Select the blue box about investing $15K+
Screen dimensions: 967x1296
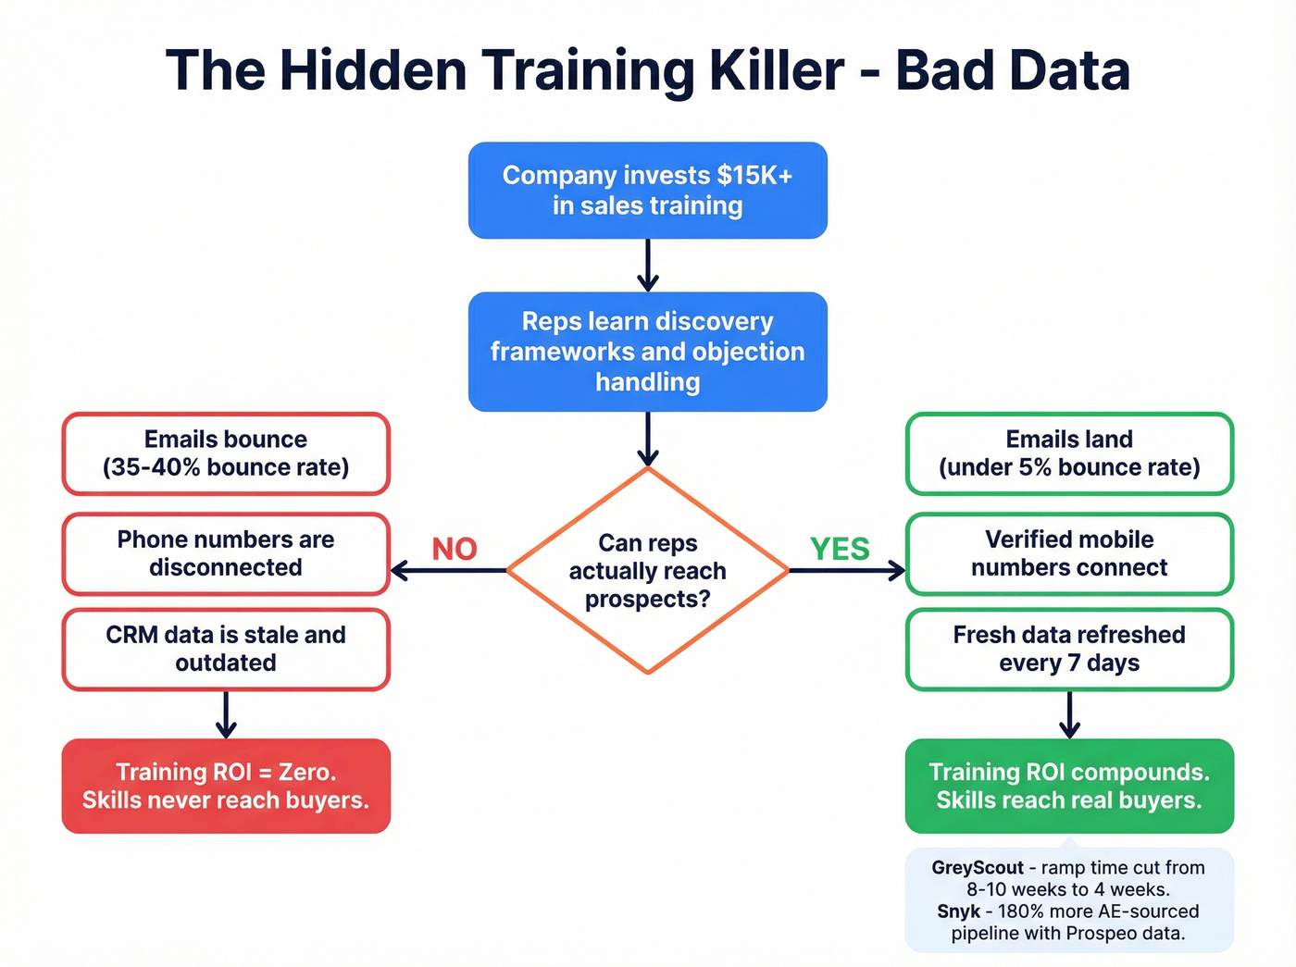[x=647, y=191]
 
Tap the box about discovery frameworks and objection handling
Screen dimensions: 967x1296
[x=647, y=352]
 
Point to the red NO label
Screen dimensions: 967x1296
[x=455, y=549]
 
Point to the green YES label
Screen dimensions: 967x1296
[x=840, y=549]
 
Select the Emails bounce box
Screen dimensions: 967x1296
[x=226, y=453]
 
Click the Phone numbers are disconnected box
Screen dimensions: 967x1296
[x=226, y=553]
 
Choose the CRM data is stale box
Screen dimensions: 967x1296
[x=226, y=649]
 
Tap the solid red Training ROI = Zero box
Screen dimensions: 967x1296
[x=226, y=786]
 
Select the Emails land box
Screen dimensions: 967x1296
[x=1069, y=453]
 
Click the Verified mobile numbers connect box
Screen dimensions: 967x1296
[x=1069, y=553]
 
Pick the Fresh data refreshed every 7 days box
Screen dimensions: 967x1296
[x=1069, y=649]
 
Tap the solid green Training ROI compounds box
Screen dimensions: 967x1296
[x=1069, y=786]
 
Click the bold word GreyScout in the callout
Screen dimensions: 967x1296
[x=978, y=868]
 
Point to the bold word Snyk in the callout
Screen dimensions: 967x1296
[x=958, y=911]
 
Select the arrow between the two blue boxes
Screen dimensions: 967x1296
[x=648, y=266]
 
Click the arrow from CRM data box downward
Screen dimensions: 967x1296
[x=226, y=714]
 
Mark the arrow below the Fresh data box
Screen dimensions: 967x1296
[x=1069, y=714]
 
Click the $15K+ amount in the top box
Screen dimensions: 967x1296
[x=754, y=176]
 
